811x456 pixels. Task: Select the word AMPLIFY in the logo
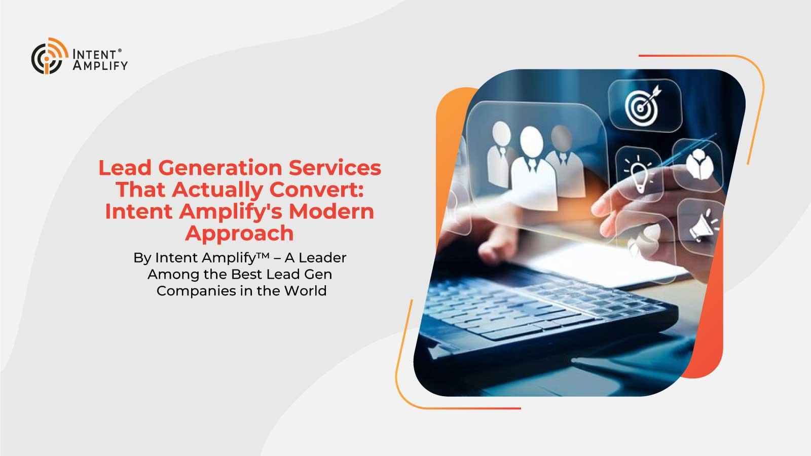[100, 65]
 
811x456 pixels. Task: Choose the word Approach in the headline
[239, 234]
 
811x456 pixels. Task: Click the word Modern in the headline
[331, 211]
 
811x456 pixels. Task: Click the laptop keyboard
[543, 308]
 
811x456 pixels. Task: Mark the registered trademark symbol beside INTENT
[120, 51]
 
